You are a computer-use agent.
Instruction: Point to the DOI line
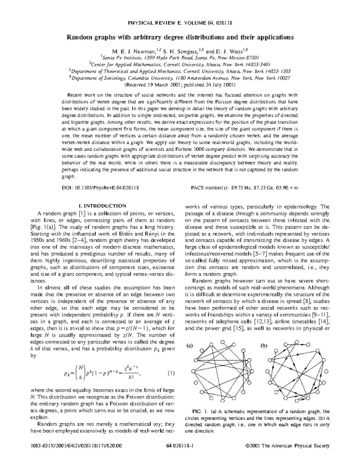100,188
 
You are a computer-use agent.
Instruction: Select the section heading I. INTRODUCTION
102,206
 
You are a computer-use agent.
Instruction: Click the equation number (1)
171,374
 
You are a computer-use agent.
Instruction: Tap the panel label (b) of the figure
264,346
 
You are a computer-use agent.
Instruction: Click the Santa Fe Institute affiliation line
180,58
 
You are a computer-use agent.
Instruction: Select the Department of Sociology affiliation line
180,78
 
